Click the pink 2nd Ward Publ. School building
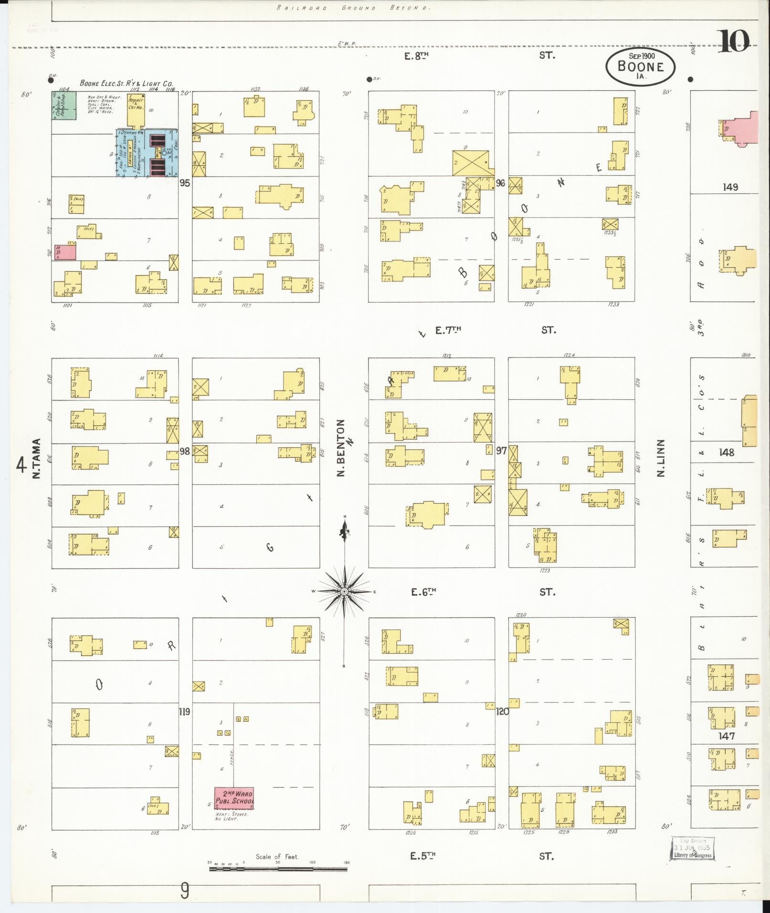click(234, 798)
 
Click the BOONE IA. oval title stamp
click(641, 66)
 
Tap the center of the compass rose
click(344, 592)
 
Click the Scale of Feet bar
click(278, 869)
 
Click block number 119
click(184, 712)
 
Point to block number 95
click(184, 183)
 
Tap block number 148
click(727, 452)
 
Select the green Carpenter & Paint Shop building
click(64, 105)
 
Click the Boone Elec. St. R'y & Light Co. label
click(126, 83)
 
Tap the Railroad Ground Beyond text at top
click(353, 8)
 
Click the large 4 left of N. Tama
click(21, 464)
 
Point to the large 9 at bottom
click(185, 891)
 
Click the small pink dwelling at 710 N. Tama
click(64, 252)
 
